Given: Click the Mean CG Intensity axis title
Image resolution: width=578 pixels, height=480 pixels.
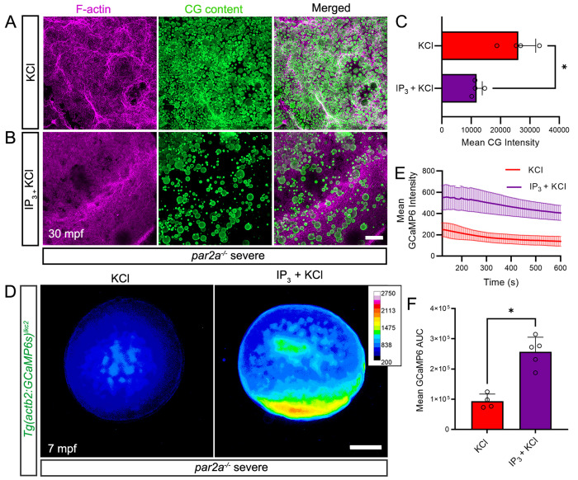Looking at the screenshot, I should click(x=500, y=142).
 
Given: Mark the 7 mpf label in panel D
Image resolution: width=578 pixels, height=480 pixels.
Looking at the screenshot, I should click(x=62, y=427).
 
